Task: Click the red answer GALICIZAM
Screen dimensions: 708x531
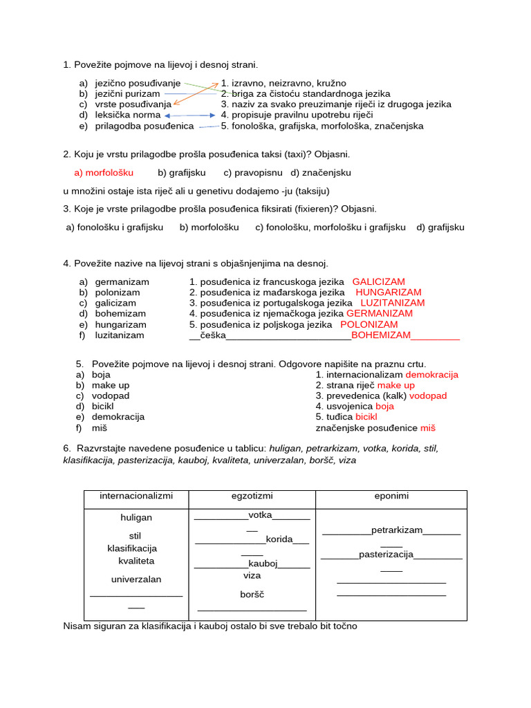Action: pyautogui.click(x=378, y=282)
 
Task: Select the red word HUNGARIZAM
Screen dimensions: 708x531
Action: pyautogui.click(x=388, y=292)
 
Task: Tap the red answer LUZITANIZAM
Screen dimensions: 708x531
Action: pyautogui.click(x=392, y=303)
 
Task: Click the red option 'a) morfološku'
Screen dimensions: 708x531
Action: pyautogui.click(x=104, y=172)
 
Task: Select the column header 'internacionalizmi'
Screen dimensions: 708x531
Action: pyautogui.click(x=136, y=496)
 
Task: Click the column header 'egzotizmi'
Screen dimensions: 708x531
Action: pyautogui.click(x=252, y=496)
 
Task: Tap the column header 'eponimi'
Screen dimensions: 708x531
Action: pyautogui.click(x=391, y=496)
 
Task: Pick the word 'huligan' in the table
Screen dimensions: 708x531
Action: pyautogui.click(x=136, y=518)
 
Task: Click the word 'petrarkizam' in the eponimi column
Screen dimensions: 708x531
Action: pyautogui.click(x=396, y=530)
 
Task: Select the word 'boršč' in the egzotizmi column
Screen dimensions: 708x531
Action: pyautogui.click(x=252, y=595)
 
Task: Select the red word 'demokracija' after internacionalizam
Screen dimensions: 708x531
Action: pyautogui.click(x=431, y=375)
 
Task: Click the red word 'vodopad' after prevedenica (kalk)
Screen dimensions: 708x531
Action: pyautogui.click(x=428, y=396)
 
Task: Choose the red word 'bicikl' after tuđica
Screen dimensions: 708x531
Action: pyautogui.click(x=366, y=418)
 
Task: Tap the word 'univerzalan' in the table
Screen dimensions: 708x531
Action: pyautogui.click(x=136, y=579)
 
